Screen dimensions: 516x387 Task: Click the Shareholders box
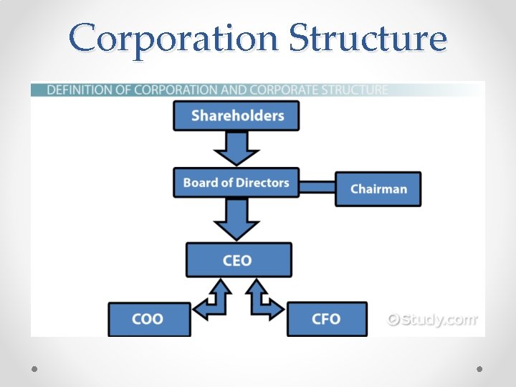click(236, 115)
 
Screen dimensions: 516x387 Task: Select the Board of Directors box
click(236, 182)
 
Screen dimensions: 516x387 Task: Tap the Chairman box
click(378, 189)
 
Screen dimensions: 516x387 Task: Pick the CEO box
click(239, 259)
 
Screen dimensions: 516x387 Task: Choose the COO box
click(149, 319)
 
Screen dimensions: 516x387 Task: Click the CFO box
click(327, 319)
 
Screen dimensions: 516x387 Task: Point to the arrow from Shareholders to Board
click(236, 148)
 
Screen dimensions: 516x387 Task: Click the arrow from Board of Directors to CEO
click(236, 217)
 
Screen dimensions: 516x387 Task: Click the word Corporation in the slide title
click(172, 39)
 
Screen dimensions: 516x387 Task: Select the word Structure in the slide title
click(367, 39)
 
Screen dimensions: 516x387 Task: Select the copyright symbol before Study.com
click(394, 320)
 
